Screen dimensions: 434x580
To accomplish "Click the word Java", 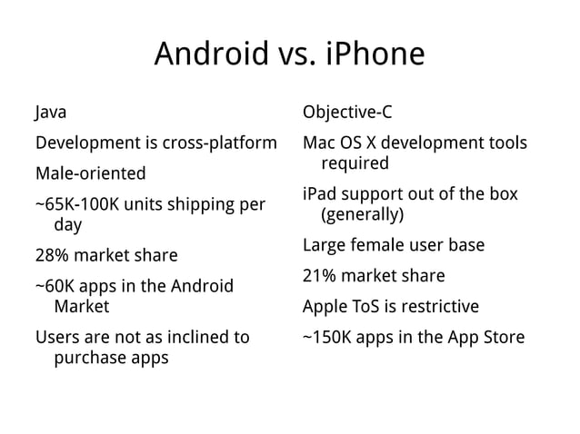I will coord(51,114).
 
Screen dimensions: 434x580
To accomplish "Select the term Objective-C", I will coord(347,114).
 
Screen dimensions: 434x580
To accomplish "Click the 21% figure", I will coord(321,276).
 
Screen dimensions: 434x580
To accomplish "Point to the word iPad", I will coord(319,195).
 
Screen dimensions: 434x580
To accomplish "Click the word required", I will coord(355,163).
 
